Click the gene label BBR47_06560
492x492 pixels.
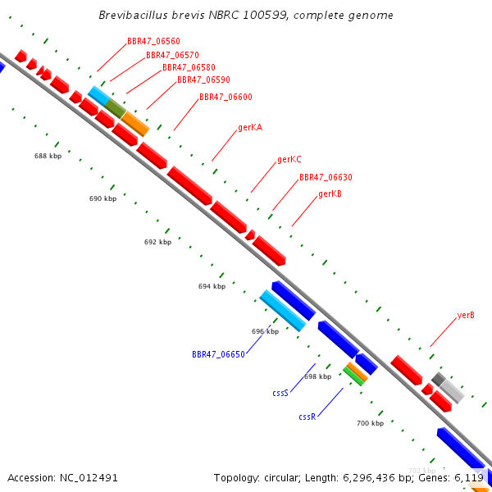click(153, 42)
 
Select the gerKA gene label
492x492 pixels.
click(250, 127)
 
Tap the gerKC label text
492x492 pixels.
click(289, 159)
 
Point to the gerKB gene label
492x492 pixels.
click(330, 194)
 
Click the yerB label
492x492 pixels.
click(466, 315)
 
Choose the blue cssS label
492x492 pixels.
click(280, 393)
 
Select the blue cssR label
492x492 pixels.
click(307, 417)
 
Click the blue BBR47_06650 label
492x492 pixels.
click(218, 354)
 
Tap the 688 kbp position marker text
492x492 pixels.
click(48, 156)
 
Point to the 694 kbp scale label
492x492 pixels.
click(212, 286)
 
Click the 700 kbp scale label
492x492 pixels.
click(371, 423)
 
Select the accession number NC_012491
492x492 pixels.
click(89, 478)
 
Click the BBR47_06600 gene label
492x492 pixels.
click(225, 97)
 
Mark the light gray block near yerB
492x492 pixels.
click(452, 391)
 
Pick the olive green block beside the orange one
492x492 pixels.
click(115, 108)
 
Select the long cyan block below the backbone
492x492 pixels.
click(283, 310)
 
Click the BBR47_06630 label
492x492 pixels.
click(326, 177)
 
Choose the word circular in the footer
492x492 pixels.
click(280, 478)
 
